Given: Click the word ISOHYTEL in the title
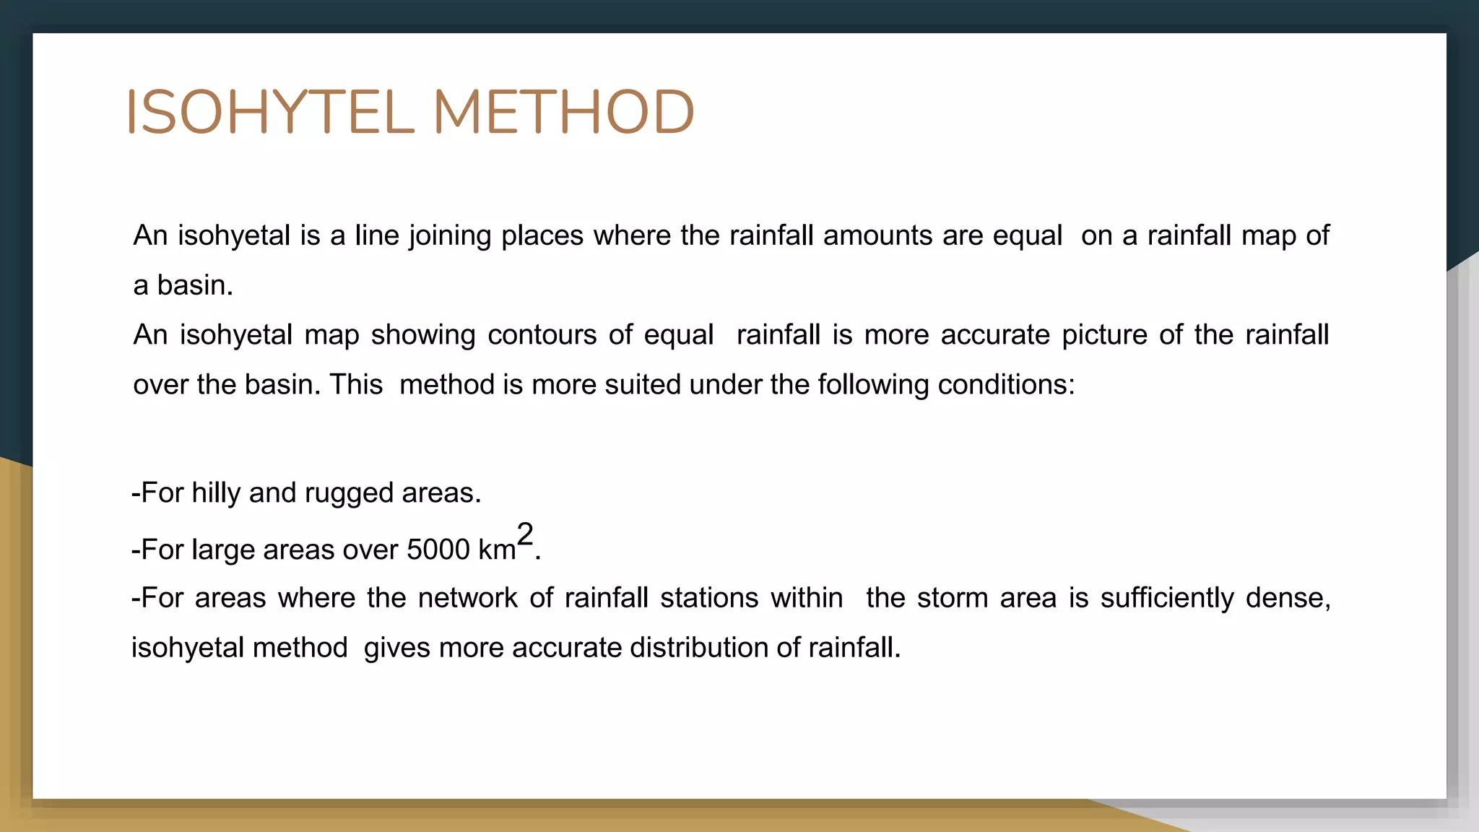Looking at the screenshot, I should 271,112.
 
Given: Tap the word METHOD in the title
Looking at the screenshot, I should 563,112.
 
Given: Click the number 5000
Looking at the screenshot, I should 438,550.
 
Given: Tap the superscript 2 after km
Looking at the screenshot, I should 525,534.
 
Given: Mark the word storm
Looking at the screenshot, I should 953,598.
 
